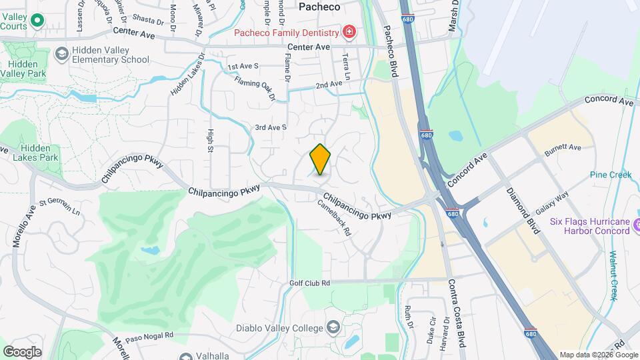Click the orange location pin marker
[x=320, y=159]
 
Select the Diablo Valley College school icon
[x=333, y=327]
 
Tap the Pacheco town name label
[x=319, y=7]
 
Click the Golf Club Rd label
[x=309, y=283]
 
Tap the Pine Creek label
[x=610, y=175]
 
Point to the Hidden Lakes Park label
[x=39, y=153]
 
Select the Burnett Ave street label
[x=563, y=147]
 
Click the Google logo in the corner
[x=21, y=351]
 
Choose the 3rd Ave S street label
[x=271, y=127]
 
